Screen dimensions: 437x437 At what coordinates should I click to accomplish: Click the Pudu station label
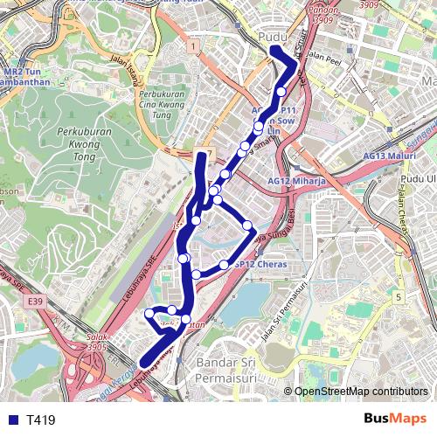tap(274, 37)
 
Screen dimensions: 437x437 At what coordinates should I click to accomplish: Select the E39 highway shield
tap(35, 302)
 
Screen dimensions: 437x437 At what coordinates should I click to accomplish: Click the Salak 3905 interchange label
tap(100, 342)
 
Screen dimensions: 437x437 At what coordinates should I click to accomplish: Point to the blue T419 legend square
tap(12, 420)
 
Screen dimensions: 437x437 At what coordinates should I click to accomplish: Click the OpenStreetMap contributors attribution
tap(361, 392)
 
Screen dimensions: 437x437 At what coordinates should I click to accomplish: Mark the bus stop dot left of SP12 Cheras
tap(224, 264)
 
